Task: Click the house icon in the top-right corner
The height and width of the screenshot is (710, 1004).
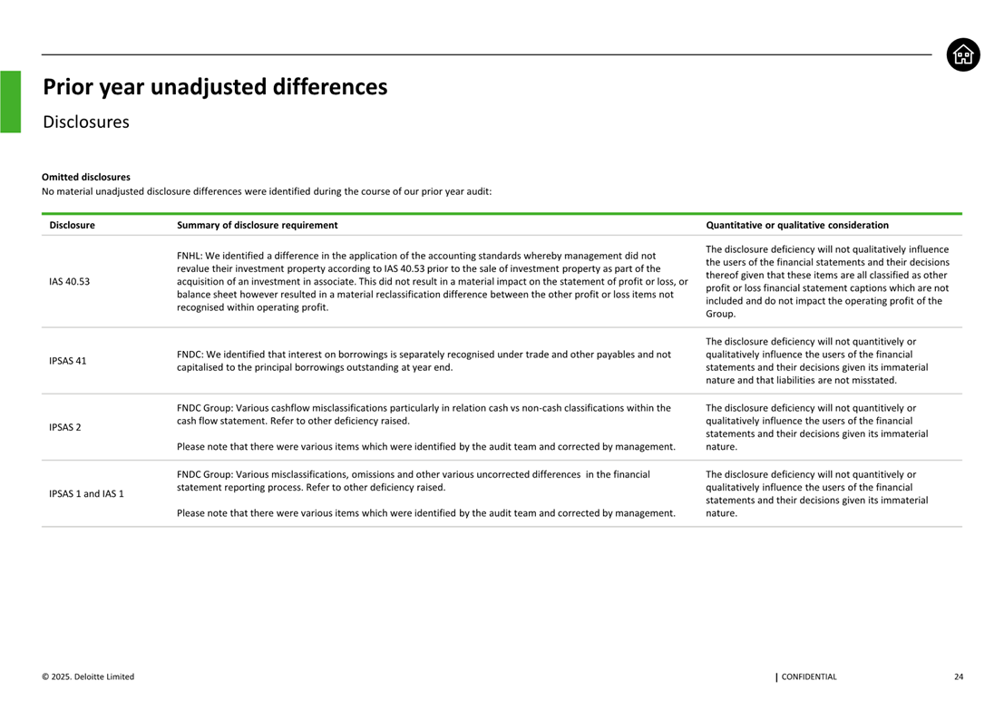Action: [963, 55]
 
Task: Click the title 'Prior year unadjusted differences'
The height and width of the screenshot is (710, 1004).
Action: [215, 87]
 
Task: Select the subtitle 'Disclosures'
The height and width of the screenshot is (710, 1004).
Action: [85, 122]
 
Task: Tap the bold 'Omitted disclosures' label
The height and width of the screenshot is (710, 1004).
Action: [86, 177]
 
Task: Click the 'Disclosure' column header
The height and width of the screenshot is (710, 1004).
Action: [72, 225]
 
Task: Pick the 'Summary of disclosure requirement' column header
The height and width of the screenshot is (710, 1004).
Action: [257, 225]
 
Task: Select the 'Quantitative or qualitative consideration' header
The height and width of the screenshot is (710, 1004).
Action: [796, 225]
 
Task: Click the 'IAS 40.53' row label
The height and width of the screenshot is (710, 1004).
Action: [70, 281]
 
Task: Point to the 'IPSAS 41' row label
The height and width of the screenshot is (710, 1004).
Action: [68, 361]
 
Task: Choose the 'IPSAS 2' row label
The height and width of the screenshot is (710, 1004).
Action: [65, 427]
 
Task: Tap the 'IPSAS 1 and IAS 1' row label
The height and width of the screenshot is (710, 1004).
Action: [86, 493]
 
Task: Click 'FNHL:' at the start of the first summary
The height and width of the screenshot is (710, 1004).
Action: [190, 256]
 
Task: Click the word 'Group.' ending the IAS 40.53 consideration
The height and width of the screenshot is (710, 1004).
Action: [720, 314]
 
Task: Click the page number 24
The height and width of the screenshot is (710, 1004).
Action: [959, 676]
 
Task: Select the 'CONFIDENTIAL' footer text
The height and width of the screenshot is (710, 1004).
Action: [808, 676]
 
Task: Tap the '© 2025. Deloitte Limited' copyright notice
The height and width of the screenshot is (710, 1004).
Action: [88, 676]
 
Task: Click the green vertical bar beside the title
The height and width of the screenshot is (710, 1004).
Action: [10, 102]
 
